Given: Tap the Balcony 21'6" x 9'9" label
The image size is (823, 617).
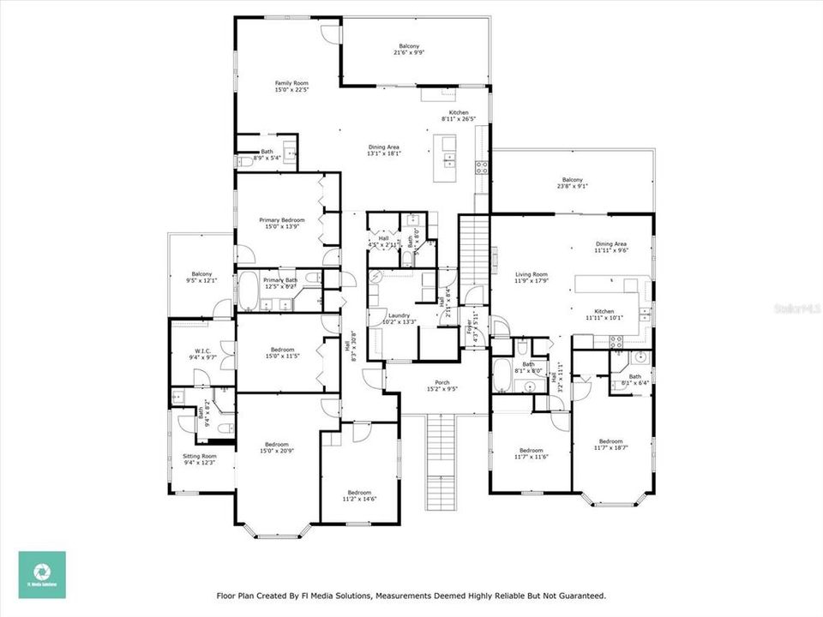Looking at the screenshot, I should pyautogui.click(x=409, y=49).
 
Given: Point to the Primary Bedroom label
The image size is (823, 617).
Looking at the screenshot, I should pyautogui.click(x=282, y=225).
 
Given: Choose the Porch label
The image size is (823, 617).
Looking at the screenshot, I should pyautogui.click(x=442, y=385).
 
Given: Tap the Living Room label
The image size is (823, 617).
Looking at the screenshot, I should pyautogui.click(x=532, y=277).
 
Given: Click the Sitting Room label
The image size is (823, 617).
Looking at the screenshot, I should pyautogui.click(x=199, y=459).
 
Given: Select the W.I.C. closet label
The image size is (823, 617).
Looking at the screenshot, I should pyautogui.click(x=202, y=352).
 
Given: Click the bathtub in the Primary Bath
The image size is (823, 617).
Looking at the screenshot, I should pyautogui.click(x=249, y=291).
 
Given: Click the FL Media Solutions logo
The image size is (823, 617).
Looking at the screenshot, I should pyautogui.click(x=42, y=574).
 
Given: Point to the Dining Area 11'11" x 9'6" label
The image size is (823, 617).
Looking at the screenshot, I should pyautogui.click(x=611, y=248).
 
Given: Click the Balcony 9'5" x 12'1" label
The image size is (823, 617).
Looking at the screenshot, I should pyautogui.click(x=201, y=276).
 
